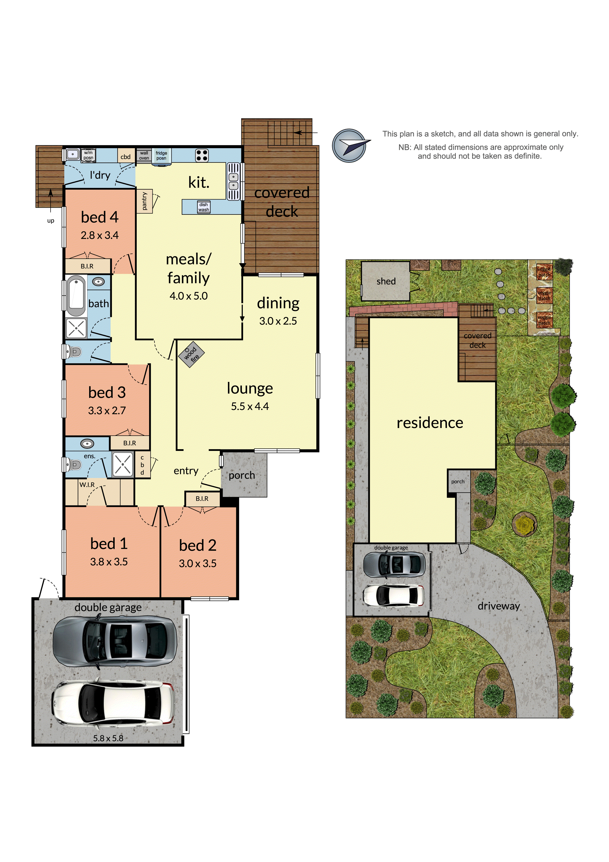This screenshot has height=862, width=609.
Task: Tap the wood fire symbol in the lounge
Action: point(191,354)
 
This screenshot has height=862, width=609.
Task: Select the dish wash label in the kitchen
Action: point(204,207)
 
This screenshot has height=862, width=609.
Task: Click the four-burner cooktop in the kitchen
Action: point(202,155)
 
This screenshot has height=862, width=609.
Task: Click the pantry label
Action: point(144,201)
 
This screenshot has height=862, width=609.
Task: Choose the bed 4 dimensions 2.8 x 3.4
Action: point(99,235)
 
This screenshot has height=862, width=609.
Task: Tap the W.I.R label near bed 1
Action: point(87,485)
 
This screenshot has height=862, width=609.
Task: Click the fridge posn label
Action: point(161,156)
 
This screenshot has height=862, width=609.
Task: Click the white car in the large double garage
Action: point(113,703)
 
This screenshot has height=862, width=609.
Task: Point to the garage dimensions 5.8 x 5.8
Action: point(108,738)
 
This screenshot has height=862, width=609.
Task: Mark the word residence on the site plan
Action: point(430,423)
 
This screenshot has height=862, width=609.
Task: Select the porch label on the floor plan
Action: point(242,475)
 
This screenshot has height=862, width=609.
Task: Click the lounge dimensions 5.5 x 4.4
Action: point(250,406)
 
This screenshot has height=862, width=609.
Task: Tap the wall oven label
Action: point(144,156)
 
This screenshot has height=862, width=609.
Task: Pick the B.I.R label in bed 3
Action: point(129,443)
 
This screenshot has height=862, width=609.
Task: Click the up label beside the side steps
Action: point(51,221)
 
